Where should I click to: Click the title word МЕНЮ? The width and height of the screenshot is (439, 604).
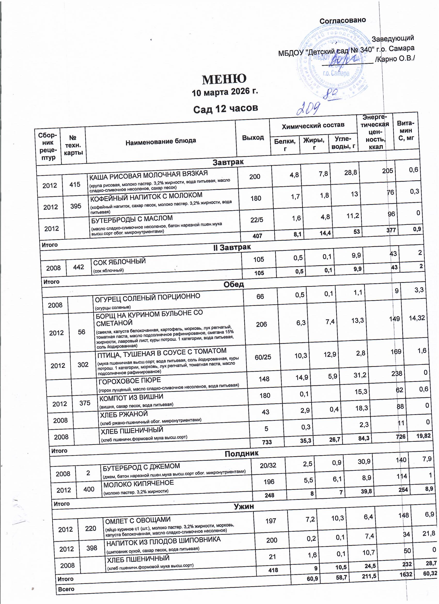(x=224, y=79)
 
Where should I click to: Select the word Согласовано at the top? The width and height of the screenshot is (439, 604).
(x=342, y=20)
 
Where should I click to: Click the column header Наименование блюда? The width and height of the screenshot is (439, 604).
(x=161, y=141)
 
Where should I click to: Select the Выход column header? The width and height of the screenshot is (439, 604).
(x=253, y=137)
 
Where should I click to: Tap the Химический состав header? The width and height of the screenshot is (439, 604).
(x=313, y=125)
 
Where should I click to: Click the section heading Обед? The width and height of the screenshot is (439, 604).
(x=233, y=284)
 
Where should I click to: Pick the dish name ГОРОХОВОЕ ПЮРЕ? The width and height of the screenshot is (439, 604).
(x=130, y=381)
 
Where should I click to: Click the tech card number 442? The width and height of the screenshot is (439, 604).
(x=78, y=267)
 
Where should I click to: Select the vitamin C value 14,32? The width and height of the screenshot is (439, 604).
(x=417, y=318)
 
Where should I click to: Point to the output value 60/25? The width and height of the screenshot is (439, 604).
(x=263, y=357)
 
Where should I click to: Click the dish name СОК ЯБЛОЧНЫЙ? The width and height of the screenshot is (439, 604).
(x=119, y=262)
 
